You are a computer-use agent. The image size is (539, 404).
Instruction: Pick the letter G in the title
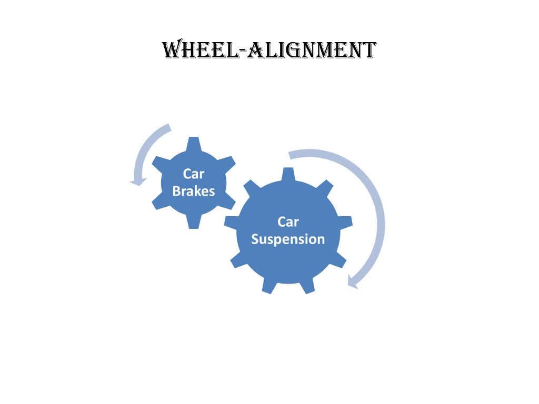click(x=293, y=50)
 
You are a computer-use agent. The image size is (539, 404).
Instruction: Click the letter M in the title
click(x=326, y=50)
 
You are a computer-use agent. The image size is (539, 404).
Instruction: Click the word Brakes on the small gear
click(x=194, y=191)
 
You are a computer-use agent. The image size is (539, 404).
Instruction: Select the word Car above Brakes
click(x=194, y=174)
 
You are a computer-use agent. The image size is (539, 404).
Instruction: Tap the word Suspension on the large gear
click(x=288, y=239)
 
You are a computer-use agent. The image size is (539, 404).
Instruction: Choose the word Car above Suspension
click(x=288, y=222)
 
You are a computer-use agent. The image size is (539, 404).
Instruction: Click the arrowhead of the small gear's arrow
click(x=138, y=181)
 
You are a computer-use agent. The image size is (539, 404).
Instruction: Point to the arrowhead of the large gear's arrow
click(x=353, y=282)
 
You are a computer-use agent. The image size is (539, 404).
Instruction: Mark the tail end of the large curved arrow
click(x=290, y=155)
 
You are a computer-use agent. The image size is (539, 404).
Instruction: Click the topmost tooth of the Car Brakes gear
click(x=194, y=144)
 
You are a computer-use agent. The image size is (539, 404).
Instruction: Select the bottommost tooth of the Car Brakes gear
click(x=194, y=221)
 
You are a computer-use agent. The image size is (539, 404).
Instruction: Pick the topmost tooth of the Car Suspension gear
click(x=288, y=174)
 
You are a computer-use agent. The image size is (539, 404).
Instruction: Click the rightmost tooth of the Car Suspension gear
click(x=345, y=221)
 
